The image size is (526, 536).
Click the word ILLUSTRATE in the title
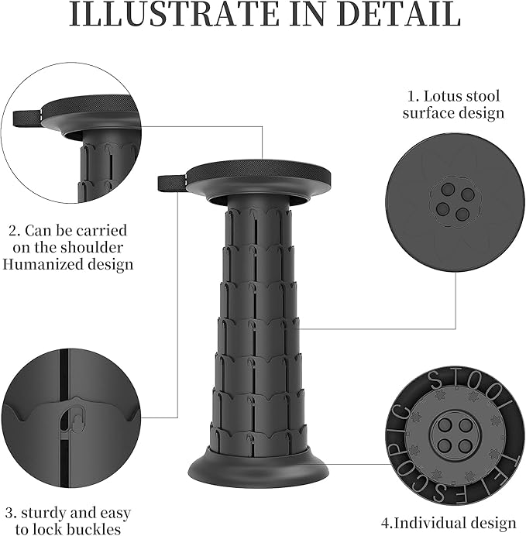pos(176,15)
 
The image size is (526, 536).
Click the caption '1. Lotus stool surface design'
pos(455,105)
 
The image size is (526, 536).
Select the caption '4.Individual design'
pos(454,523)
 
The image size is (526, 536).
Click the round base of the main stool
pos(259,469)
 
